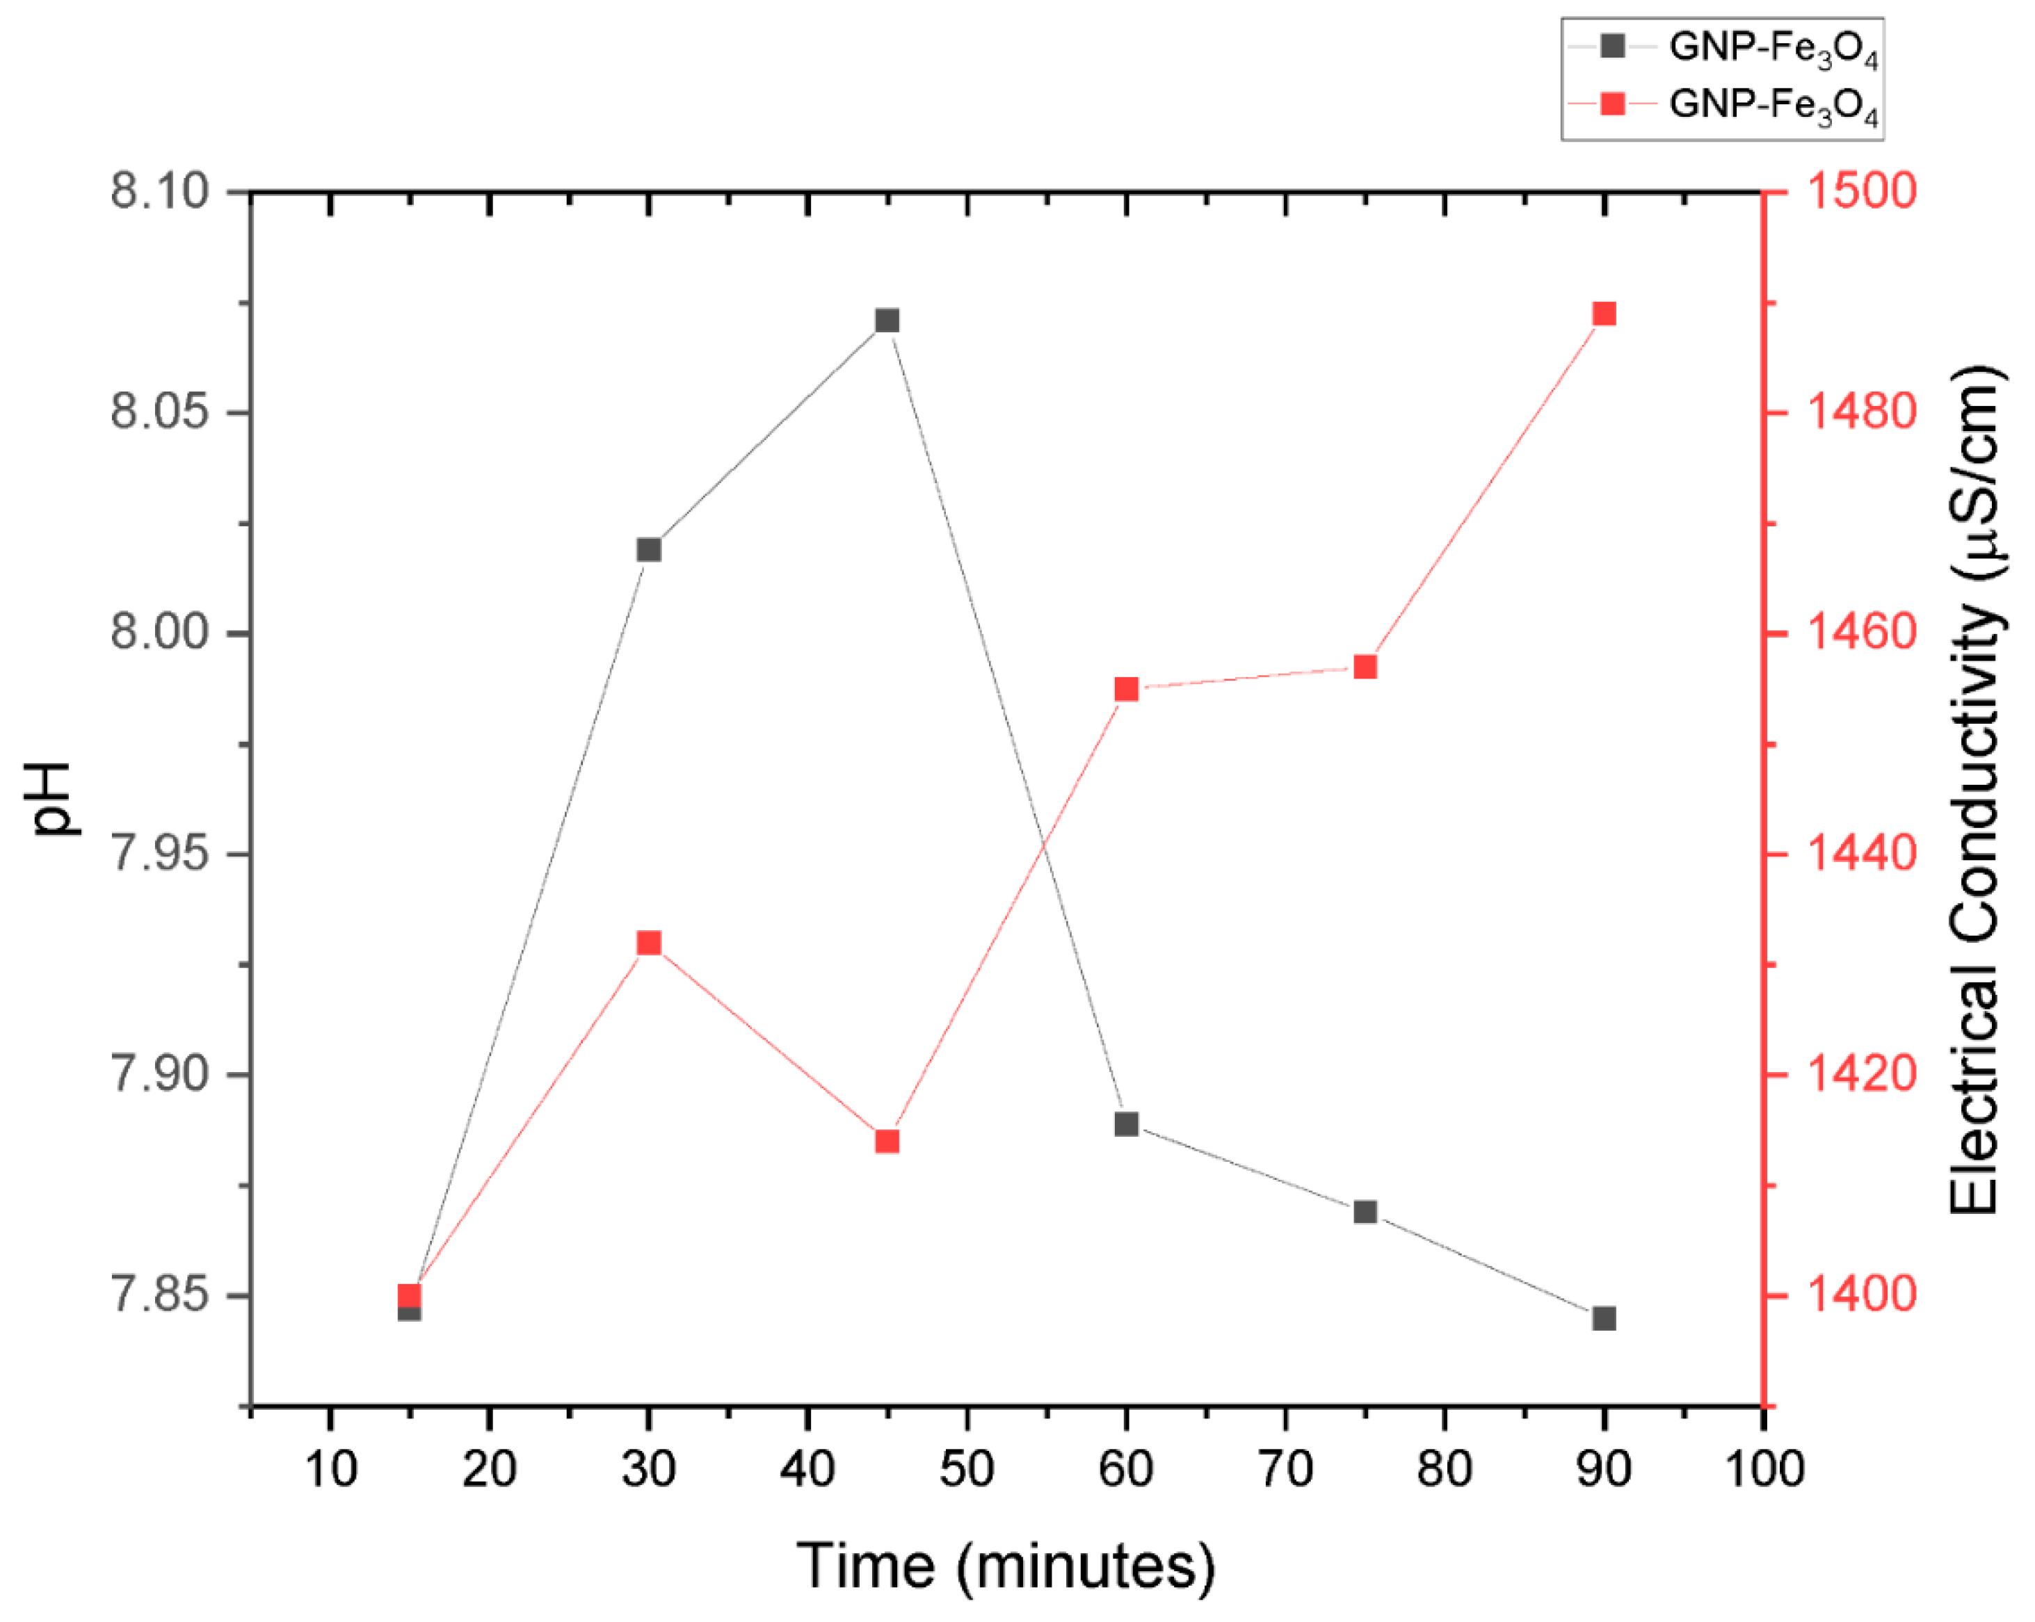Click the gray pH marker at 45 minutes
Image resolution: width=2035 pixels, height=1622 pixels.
point(886,321)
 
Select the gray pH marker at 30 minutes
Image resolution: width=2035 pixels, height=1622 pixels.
point(648,550)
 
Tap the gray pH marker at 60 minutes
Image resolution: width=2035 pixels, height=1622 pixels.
point(1126,1124)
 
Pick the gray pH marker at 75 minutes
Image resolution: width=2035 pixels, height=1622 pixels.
point(1365,1212)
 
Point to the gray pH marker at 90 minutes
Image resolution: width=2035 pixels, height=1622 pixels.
point(1604,1318)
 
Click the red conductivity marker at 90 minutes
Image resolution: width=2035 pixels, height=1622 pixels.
point(1604,314)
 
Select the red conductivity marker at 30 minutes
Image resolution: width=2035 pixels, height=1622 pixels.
point(648,943)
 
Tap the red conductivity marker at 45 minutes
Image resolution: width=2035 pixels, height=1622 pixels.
point(886,1142)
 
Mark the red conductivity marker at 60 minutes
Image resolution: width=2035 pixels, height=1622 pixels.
point(1126,690)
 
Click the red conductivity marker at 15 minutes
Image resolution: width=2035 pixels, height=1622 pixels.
point(410,1295)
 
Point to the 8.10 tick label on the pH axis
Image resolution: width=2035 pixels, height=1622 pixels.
point(159,192)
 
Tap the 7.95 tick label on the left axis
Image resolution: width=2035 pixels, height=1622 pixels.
point(159,854)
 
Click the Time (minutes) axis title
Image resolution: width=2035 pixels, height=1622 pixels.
point(1005,1567)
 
